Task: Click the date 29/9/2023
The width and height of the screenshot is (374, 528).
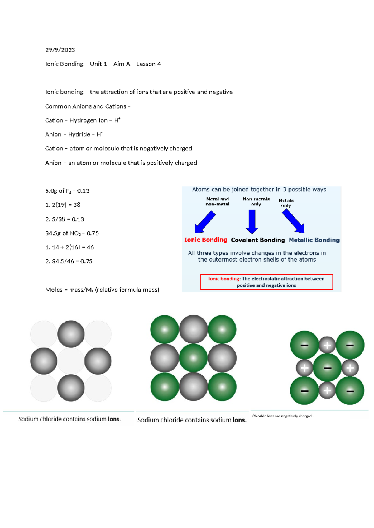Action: point(60,50)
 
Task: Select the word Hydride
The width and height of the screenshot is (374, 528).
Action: point(79,134)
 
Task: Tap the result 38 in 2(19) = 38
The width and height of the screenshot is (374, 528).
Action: point(77,205)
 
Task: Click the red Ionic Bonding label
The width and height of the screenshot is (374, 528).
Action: point(205,240)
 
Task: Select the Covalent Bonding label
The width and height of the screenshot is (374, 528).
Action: point(258,240)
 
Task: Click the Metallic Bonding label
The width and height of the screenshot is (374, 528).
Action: point(314,240)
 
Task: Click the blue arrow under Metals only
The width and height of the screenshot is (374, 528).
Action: point(294,221)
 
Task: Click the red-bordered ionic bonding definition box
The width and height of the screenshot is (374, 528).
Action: point(266,282)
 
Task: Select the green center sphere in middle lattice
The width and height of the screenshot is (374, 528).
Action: point(193,358)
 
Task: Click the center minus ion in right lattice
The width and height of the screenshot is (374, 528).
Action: point(327,368)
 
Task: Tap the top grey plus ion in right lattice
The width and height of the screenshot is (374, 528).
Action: point(327,345)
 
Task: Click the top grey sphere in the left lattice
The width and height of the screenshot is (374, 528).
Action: point(71,334)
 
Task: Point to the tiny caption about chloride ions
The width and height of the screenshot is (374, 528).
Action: point(282,416)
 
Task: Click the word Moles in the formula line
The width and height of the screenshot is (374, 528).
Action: point(54,290)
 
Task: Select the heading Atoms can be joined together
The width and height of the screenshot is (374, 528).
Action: point(259,190)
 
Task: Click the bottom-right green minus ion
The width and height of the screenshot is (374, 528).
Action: point(350,391)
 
